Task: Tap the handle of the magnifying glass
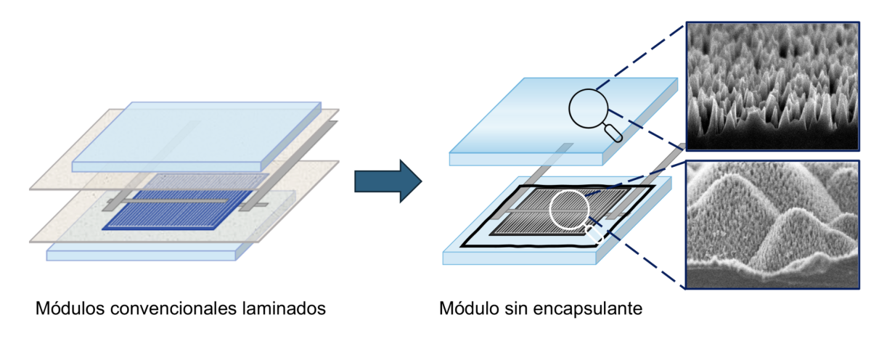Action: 614,132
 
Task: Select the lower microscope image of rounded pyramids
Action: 772,225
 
